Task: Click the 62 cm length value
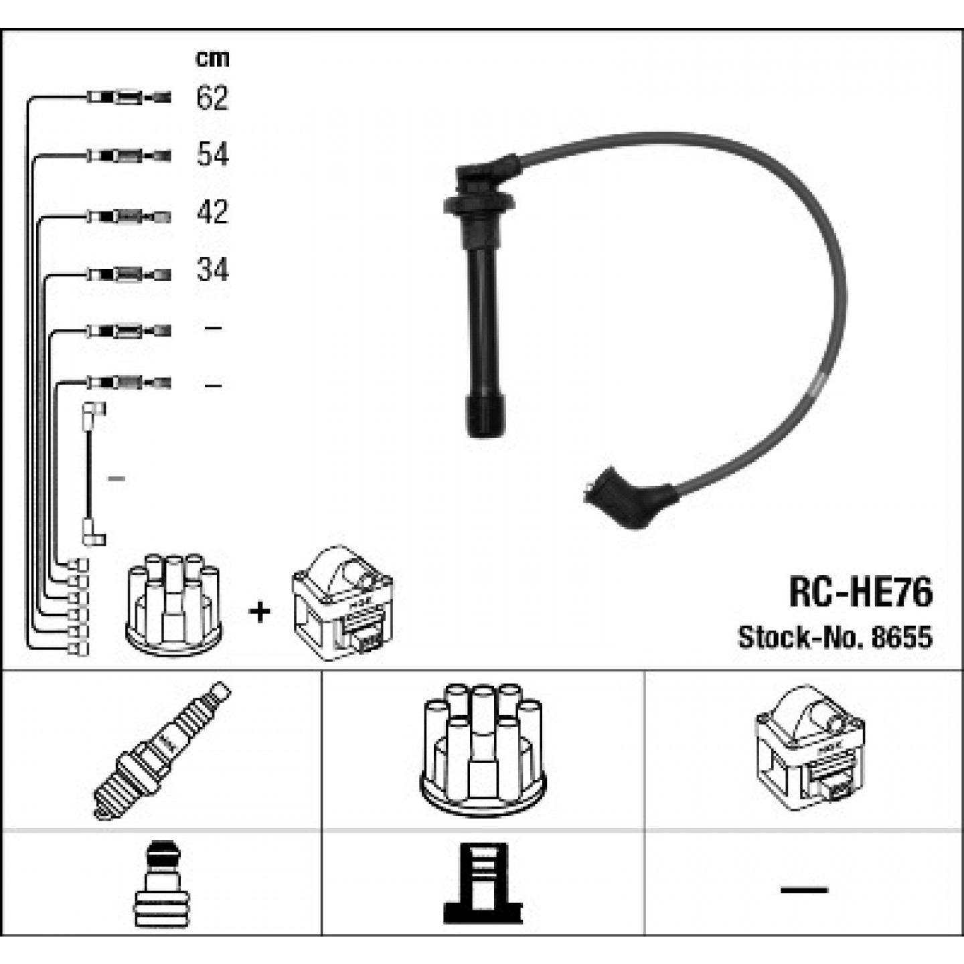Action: [213, 97]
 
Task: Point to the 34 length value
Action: [213, 270]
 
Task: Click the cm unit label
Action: [212, 59]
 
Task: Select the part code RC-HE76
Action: [860, 592]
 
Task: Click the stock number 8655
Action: [902, 637]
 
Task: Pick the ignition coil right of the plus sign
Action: [343, 602]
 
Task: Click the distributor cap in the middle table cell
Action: [483, 750]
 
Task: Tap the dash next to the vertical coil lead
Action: [116, 479]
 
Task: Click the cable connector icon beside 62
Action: [129, 97]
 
